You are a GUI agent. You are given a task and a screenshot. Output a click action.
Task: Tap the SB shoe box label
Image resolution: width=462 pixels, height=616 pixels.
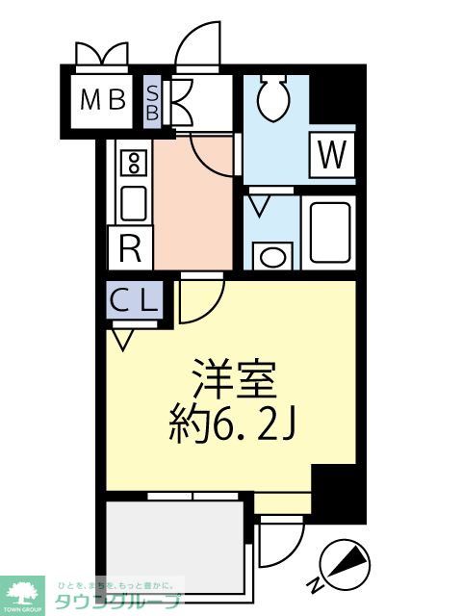153,98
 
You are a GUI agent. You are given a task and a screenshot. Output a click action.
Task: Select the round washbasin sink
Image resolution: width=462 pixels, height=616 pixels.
273,257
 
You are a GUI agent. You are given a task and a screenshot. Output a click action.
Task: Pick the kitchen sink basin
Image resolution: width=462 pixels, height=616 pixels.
133,203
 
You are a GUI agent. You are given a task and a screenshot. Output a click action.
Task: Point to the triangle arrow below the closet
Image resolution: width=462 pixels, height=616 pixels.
122,338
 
